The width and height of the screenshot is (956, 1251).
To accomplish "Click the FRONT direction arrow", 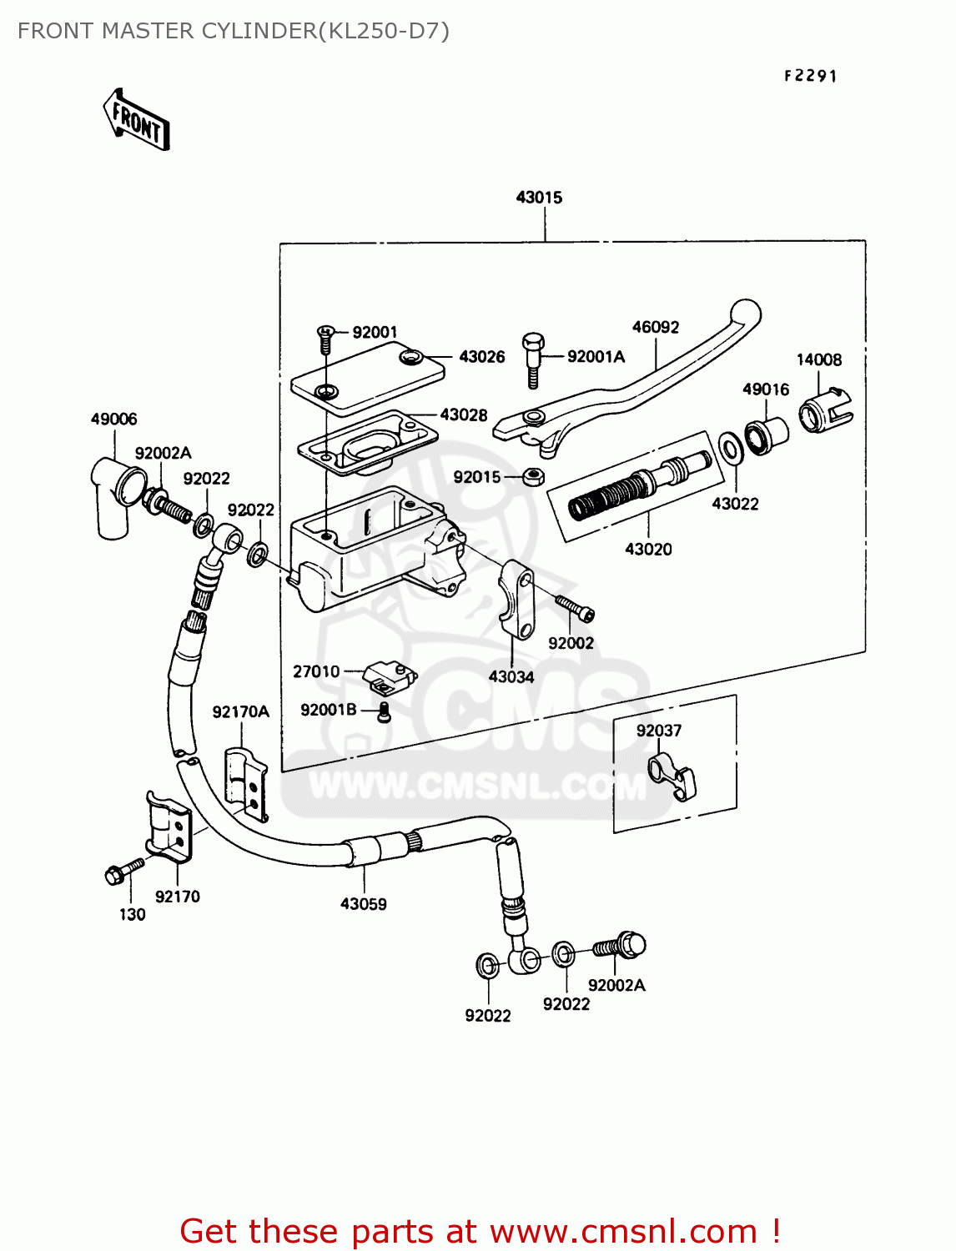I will pyautogui.click(x=137, y=121).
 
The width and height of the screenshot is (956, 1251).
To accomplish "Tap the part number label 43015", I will pyautogui.click(x=539, y=198).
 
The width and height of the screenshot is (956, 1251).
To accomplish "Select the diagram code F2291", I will pyautogui.click(x=810, y=76).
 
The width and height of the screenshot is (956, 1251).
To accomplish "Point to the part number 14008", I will pyautogui.click(x=818, y=359).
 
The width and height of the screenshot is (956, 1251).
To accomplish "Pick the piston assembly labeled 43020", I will pyautogui.click(x=638, y=487).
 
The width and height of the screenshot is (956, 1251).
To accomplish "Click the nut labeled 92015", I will pyautogui.click(x=534, y=477).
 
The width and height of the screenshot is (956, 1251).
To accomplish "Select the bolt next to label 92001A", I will pyautogui.click(x=533, y=359).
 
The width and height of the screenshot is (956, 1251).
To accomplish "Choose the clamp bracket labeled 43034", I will pyautogui.click(x=517, y=600).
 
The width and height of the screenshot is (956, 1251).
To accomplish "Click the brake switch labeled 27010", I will pyautogui.click(x=390, y=676).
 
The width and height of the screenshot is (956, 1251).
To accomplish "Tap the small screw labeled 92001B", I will pyautogui.click(x=385, y=711).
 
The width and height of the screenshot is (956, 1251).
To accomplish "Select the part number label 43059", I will pyautogui.click(x=363, y=903).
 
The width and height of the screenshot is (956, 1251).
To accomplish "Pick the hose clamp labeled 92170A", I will pyautogui.click(x=245, y=783).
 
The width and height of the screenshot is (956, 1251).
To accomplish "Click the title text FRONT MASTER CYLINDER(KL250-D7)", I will pyautogui.click(x=234, y=31).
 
